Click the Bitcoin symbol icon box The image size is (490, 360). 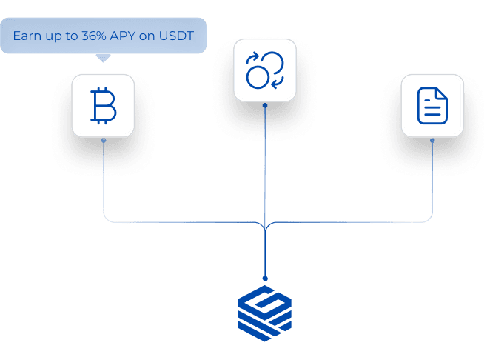103,106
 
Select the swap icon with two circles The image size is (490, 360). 264,70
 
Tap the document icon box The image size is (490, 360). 432,105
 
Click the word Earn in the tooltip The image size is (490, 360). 27,36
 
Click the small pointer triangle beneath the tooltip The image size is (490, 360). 103,57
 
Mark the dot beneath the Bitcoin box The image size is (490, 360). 104,140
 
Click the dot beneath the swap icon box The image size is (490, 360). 265,105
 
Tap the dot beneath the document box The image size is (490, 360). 433,140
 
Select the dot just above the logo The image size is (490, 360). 265,279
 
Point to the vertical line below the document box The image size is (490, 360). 433,178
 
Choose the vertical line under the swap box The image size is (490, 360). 265,163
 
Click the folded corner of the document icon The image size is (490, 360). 441,93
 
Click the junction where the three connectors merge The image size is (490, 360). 265,225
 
